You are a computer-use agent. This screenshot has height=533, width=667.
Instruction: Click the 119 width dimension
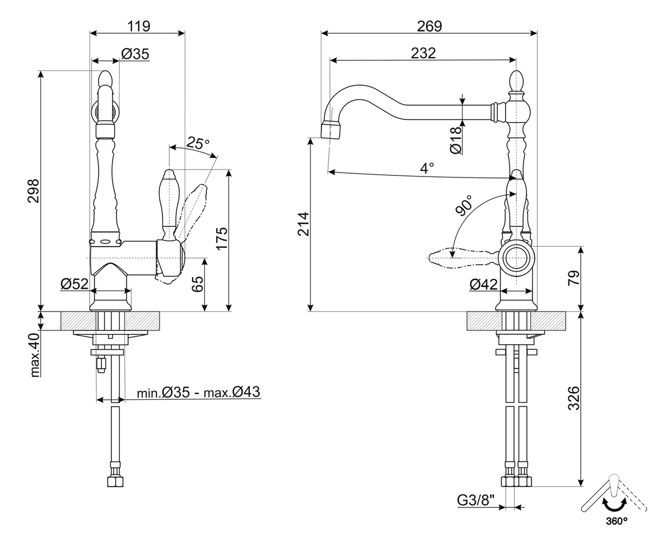click(139, 26)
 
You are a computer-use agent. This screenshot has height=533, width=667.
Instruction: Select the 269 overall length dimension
click(429, 26)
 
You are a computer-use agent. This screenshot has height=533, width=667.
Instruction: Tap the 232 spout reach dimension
click(423, 53)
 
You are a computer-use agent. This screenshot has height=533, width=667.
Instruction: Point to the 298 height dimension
click(34, 191)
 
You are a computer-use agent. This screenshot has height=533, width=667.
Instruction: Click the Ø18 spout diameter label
click(456, 140)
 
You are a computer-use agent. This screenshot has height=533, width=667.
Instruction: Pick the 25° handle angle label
click(198, 143)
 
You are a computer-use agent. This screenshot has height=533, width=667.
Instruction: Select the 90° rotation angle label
click(464, 205)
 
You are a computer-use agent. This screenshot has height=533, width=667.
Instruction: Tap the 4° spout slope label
click(427, 168)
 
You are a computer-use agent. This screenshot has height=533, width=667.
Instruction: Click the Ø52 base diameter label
click(74, 284)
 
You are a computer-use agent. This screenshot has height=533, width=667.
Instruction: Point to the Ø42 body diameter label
click(483, 284)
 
